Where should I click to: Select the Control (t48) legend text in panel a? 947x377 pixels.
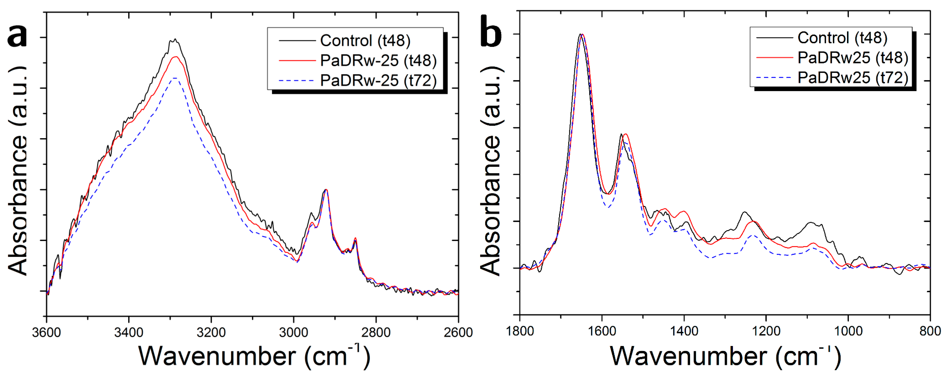coord(365,41)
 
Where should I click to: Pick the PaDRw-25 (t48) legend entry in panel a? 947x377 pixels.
coord(378,60)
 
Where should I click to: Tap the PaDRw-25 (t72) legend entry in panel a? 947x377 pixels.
coord(378,80)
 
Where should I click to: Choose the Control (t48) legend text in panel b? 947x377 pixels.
coord(842,37)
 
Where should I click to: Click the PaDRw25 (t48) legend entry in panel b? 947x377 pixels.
coord(853,58)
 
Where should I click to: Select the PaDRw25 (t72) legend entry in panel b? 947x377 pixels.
coord(853,78)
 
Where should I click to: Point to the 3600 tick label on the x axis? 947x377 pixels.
coord(46,332)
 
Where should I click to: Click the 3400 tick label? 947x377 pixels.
coord(129,332)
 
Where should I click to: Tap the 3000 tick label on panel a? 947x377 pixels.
coord(293,332)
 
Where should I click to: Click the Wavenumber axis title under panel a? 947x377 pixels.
coord(254,356)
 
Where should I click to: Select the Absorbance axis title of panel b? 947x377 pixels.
coord(491,171)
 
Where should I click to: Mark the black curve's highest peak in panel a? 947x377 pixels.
coord(175,39)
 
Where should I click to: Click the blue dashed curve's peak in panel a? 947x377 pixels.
coord(175,78)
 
